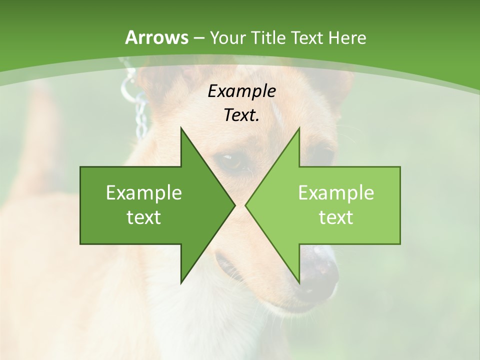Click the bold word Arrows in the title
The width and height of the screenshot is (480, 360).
click(156, 37)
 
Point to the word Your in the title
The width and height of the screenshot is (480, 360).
click(227, 37)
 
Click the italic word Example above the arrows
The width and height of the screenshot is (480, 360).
click(241, 91)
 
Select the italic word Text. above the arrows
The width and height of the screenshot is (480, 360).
click(241, 115)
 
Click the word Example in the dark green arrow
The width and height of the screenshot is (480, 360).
click(144, 193)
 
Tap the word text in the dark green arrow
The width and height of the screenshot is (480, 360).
click(144, 217)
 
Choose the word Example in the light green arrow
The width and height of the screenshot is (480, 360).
click(336, 193)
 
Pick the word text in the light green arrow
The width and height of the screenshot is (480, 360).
click(336, 217)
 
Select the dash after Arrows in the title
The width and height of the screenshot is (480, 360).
click(198, 38)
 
